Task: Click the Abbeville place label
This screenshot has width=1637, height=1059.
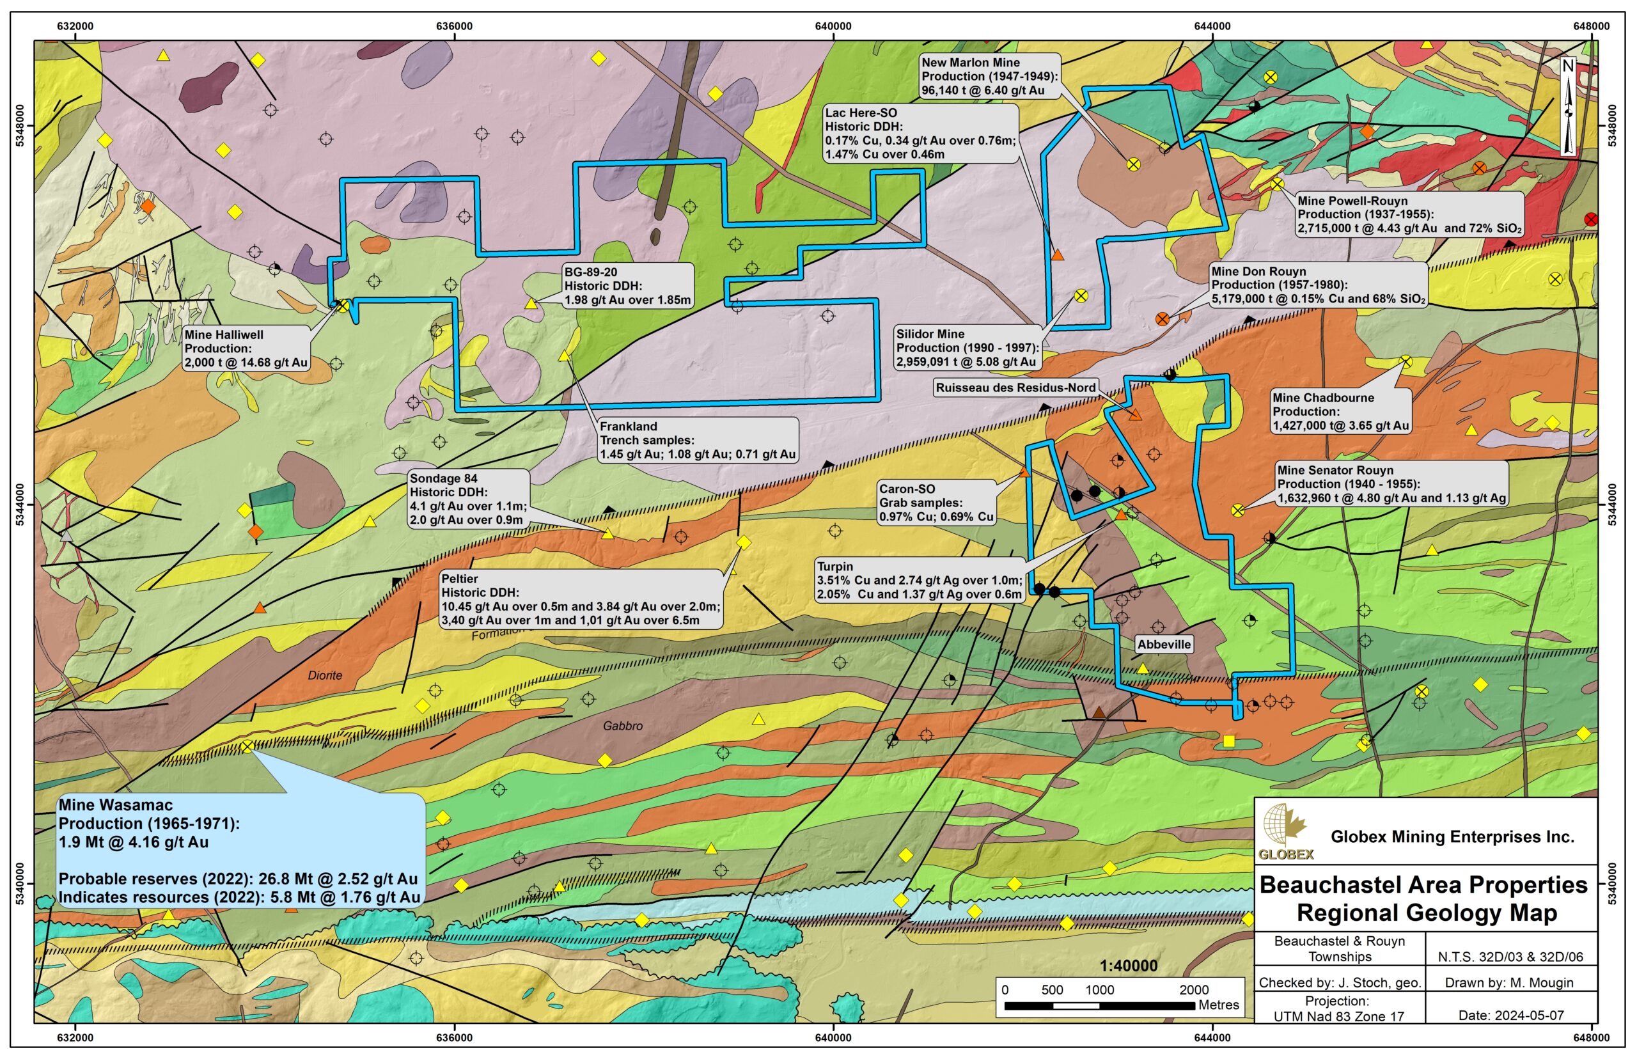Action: coord(1163,645)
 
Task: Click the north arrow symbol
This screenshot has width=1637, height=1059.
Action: coord(1568,107)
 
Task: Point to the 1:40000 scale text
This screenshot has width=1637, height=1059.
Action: coord(1128,966)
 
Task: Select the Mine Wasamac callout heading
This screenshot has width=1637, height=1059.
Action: coord(116,805)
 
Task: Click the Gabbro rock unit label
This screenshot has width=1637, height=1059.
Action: coord(622,726)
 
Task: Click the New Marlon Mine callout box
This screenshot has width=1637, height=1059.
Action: coord(989,76)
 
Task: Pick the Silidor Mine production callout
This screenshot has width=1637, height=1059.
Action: coord(966,348)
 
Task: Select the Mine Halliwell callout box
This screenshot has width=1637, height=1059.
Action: coord(246,349)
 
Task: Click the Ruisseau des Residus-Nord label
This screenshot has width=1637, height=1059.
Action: coord(1015,388)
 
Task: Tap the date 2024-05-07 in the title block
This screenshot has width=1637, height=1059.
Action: coord(1510,1015)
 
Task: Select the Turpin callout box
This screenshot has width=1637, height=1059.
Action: coord(920,581)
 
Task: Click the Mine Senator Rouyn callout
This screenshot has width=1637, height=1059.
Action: coord(1391,484)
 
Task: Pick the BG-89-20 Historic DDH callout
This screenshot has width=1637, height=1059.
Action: coord(627,286)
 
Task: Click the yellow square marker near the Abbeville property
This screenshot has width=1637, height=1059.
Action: coord(1228,741)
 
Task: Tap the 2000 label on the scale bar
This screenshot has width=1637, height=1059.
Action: coord(1194,990)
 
